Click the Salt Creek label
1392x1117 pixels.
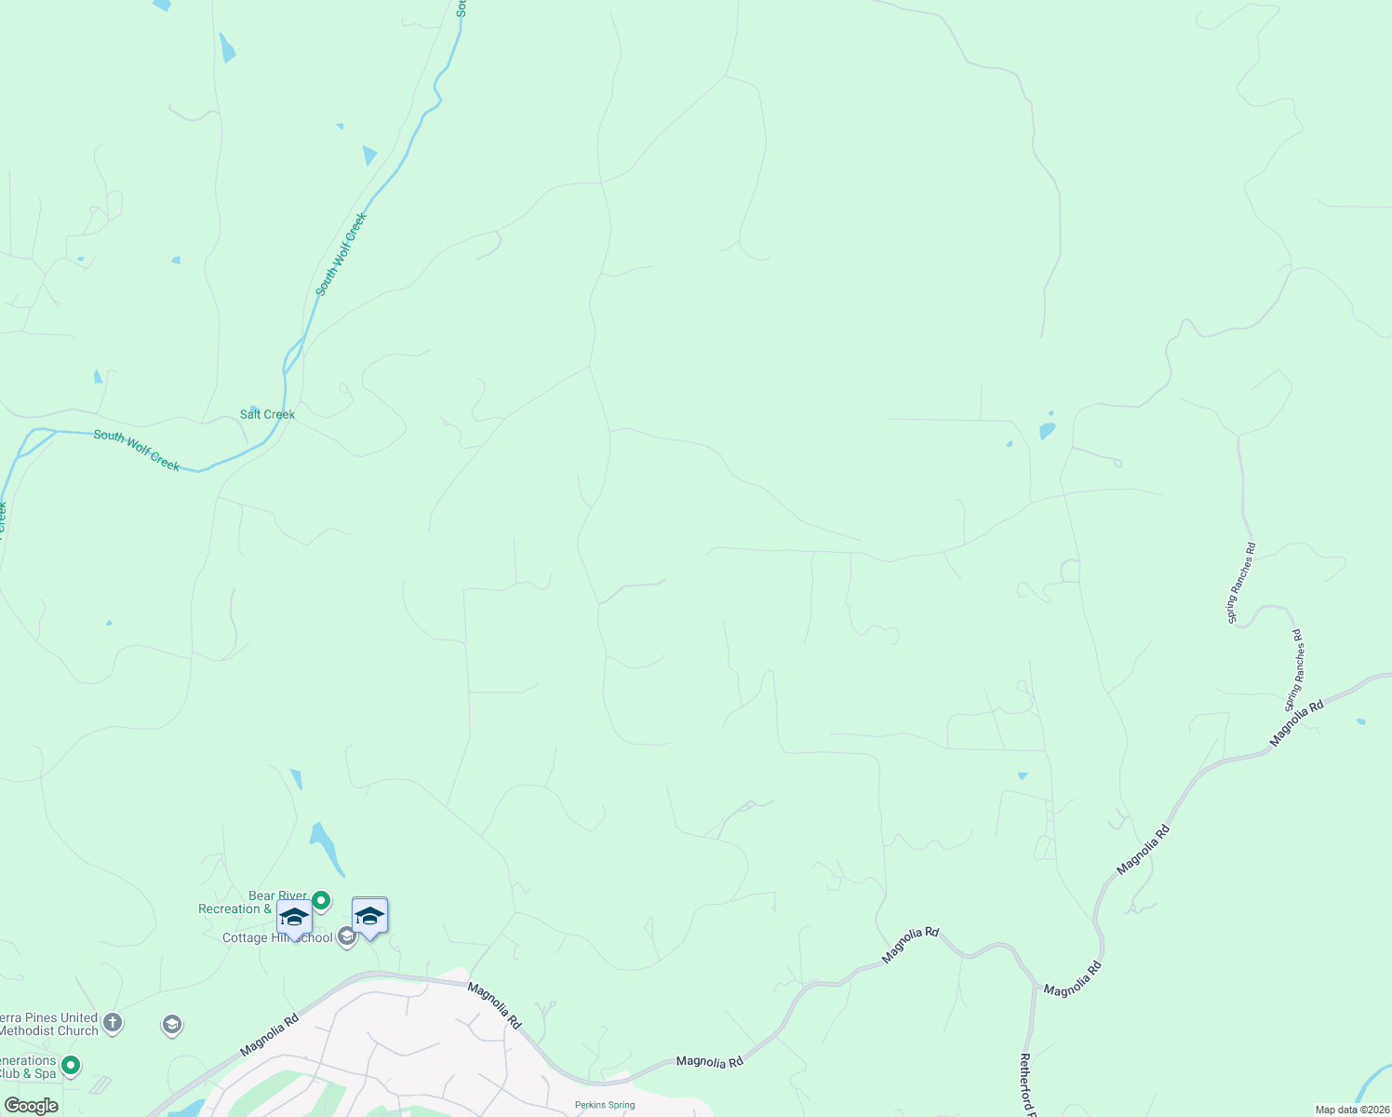pos(267,414)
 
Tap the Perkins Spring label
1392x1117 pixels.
pos(605,1105)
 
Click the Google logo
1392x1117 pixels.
pos(31,1106)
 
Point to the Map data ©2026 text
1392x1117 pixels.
pos(1352,1110)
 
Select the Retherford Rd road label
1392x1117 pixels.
pos(1025,1083)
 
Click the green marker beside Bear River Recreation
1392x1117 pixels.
pos(321,900)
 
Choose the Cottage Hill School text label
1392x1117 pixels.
pos(276,937)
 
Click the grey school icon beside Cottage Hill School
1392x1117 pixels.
pos(347,937)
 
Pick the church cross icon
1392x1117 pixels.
pos(113,1023)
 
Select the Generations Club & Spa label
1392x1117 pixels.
pos(28,1067)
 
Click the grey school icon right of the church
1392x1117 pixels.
pos(171,1025)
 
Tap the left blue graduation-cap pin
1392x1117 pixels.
pos(294,918)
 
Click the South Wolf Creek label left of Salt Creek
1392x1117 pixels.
pos(136,450)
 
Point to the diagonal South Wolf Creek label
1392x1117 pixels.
pos(341,254)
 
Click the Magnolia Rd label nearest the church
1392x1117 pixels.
pos(269,1035)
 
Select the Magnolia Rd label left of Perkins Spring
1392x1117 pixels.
pos(495,1005)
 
